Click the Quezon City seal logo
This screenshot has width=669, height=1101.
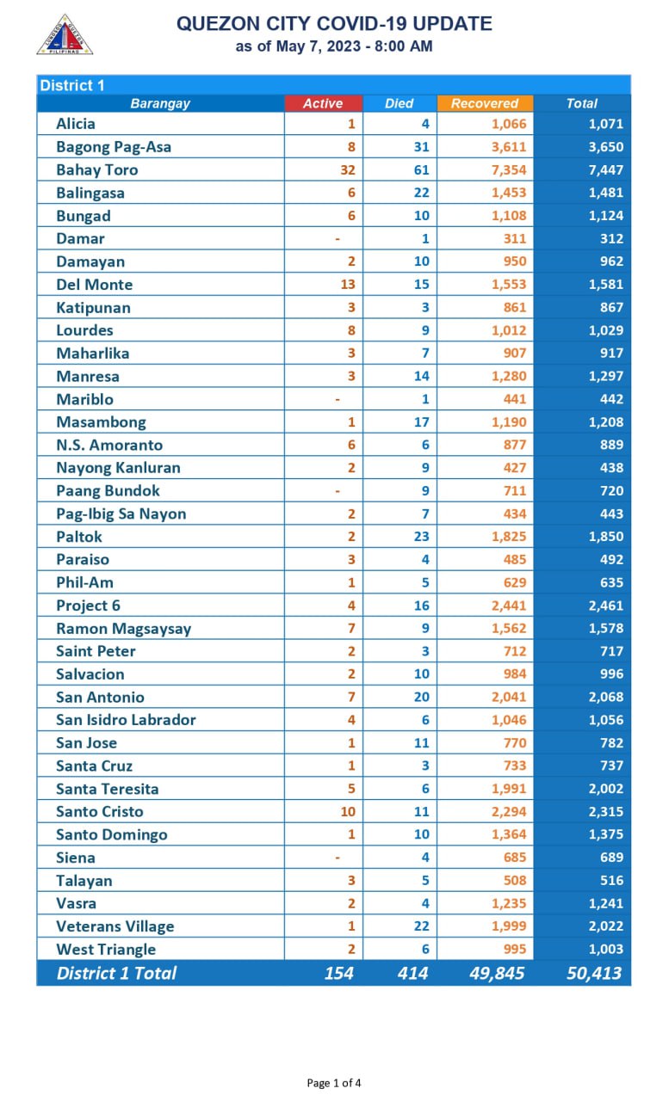click(x=65, y=34)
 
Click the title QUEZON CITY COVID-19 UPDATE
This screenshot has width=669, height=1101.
click(x=334, y=24)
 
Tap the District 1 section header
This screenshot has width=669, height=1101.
click(x=72, y=85)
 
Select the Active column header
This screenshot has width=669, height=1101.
click(x=323, y=103)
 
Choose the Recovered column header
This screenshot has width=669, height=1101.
click(x=485, y=103)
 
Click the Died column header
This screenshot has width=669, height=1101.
click(x=400, y=103)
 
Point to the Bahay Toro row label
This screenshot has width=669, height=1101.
click(x=96, y=169)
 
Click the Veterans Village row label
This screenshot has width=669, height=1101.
click(x=115, y=926)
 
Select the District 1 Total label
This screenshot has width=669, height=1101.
click(x=116, y=973)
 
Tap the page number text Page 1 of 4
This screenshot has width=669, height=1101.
click(x=334, y=1083)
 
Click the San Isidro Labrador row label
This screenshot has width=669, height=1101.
click(x=126, y=720)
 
